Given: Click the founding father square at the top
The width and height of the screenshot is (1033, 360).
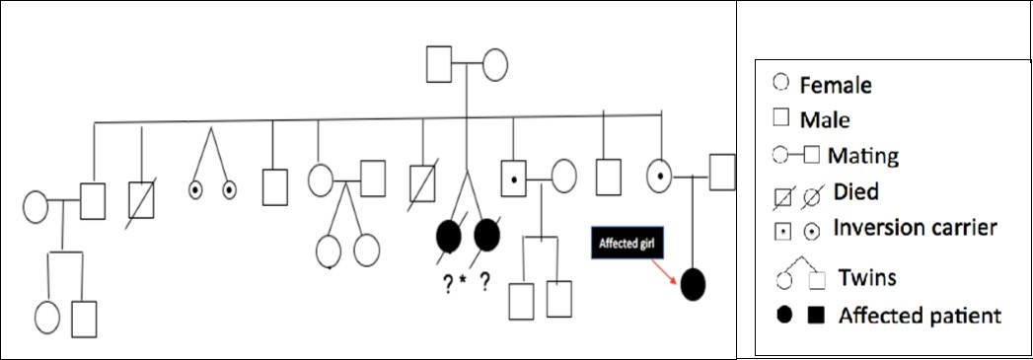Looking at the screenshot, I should click(439, 64).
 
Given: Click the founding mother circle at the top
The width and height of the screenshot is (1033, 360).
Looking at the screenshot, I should click(493, 64).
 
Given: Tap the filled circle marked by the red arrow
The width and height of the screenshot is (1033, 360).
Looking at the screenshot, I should click(693, 284).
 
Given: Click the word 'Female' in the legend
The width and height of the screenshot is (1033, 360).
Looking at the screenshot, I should click(836, 86).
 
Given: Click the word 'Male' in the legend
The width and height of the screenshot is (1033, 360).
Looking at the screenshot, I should click(825, 120).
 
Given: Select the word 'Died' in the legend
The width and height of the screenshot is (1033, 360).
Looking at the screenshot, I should click(853, 190).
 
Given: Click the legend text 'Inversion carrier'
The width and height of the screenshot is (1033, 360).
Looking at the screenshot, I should click(916, 228).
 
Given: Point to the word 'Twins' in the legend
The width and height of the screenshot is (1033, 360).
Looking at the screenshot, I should click(868, 277).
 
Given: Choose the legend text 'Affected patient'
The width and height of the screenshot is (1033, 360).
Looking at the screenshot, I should click(920, 316).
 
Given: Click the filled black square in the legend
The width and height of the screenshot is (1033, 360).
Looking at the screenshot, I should click(815, 316).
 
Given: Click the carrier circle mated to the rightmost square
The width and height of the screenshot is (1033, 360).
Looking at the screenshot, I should click(660, 178).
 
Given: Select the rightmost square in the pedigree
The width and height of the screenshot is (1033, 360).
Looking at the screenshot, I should click(722, 173).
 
